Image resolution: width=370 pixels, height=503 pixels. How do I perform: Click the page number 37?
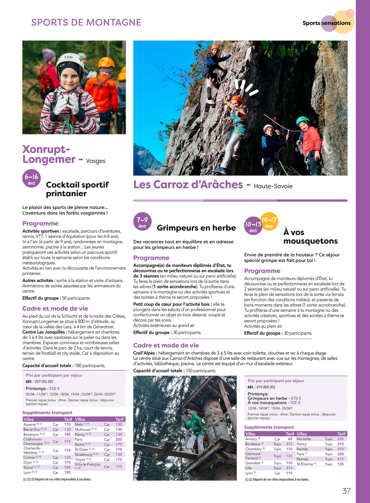click(x=346, y=491)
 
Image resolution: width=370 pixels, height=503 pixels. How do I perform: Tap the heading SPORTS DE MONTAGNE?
click(x=86, y=23)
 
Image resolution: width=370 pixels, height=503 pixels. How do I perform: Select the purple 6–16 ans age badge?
click(x=32, y=179)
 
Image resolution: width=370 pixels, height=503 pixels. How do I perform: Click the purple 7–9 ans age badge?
click(x=142, y=222)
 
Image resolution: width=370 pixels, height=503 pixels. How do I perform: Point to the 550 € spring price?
click(x=55, y=388)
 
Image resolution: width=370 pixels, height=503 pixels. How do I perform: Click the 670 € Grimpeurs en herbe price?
click(x=296, y=398)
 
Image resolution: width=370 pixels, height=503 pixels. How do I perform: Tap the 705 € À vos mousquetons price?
click(x=295, y=403)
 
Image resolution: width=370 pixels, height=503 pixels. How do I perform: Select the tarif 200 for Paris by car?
click(x=119, y=440)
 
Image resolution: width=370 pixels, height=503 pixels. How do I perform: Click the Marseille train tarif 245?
click(x=341, y=439)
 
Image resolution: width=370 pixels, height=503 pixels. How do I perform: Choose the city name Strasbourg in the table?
click(x=83, y=454)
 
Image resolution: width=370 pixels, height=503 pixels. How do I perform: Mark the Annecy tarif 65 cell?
click(x=290, y=439)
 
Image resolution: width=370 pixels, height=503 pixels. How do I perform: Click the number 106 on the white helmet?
click(x=68, y=57)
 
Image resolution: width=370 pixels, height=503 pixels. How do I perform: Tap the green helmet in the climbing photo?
click(x=302, y=120)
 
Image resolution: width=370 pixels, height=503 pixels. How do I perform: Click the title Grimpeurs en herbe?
click(x=196, y=228)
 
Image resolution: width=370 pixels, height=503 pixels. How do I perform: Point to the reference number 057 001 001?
click(x=44, y=382)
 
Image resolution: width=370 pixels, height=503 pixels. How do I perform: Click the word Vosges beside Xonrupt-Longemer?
click(x=96, y=161)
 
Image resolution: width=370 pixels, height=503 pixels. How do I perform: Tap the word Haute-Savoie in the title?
click(x=273, y=186)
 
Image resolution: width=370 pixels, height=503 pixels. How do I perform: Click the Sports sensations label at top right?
click(x=326, y=23)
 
